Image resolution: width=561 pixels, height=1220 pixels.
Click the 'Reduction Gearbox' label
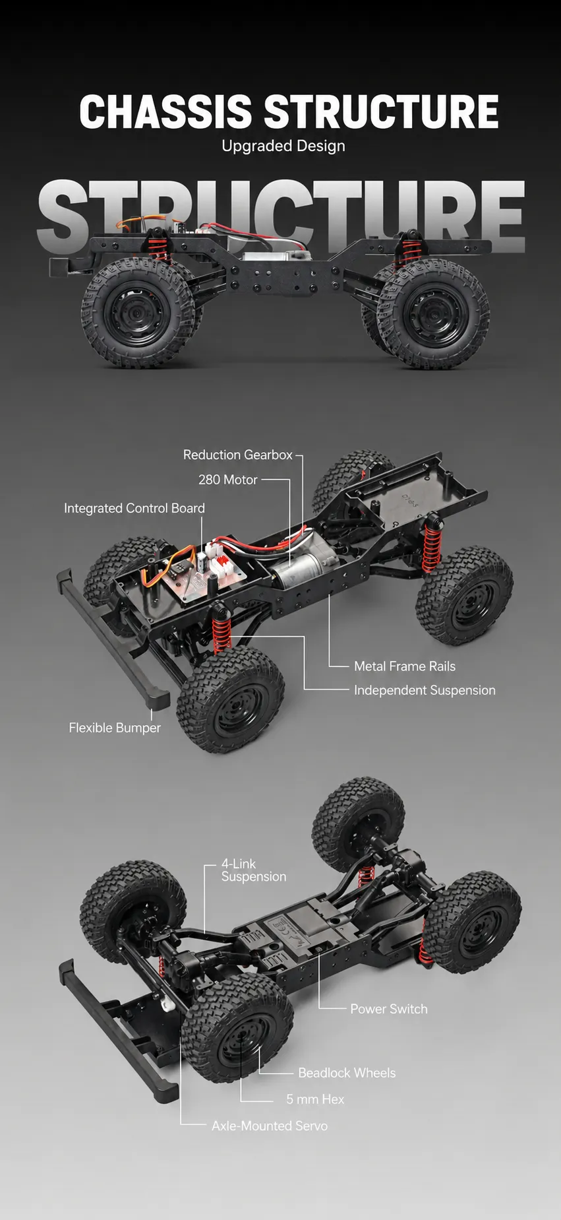click(237, 455)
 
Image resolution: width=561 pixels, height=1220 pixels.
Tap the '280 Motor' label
click(227, 480)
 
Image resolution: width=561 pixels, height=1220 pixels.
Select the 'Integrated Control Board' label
click(134, 508)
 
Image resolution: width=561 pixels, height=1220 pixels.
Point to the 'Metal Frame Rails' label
click(405, 666)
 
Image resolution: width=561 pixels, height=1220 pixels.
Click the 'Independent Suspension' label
click(425, 690)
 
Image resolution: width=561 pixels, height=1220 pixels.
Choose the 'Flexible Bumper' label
click(115, 728)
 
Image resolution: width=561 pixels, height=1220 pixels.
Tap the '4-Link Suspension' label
click(254, 870)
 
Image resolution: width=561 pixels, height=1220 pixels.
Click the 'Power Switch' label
click(389, 1009)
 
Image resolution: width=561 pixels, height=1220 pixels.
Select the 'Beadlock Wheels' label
click(347, 1073)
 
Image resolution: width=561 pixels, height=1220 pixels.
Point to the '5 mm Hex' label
click(315, 1099)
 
